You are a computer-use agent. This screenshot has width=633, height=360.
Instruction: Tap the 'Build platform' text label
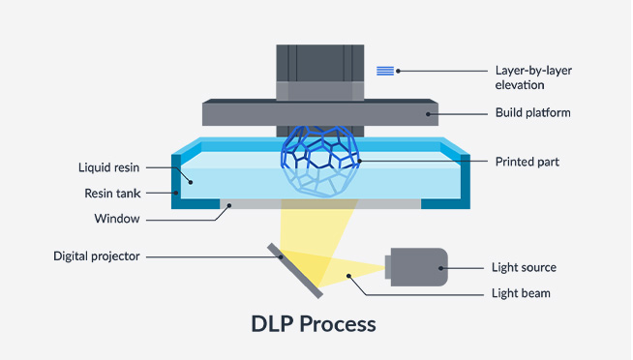[531, 113]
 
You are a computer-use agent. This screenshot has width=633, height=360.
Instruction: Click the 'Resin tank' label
[110, 194]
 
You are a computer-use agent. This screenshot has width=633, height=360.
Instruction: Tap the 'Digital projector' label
[97, 256]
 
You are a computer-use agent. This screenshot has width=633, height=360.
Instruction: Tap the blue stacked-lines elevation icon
[385, 71]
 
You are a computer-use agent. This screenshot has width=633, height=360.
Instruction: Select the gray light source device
[415, 267]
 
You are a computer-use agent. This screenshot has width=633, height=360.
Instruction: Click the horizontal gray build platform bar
[319, 113]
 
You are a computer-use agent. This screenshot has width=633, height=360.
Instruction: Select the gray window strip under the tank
[319, 204]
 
